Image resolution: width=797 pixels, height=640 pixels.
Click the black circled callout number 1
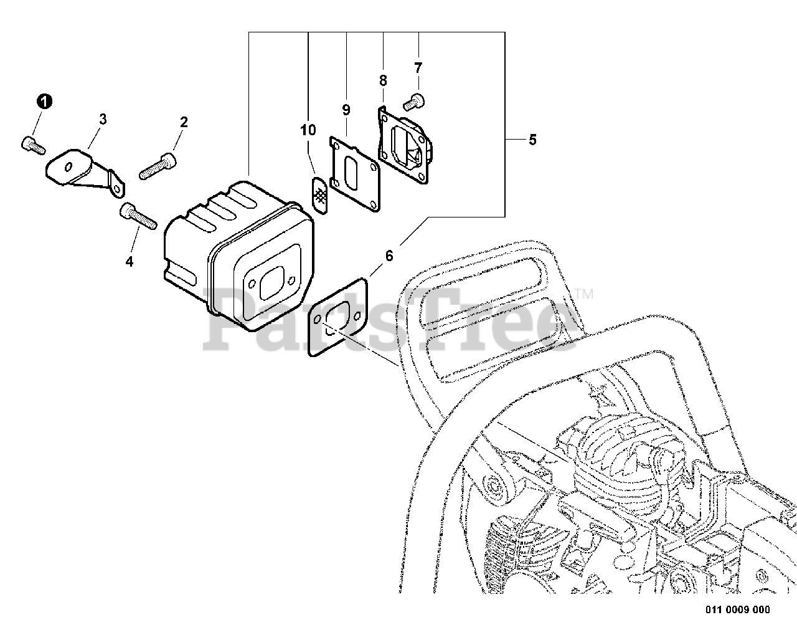44,101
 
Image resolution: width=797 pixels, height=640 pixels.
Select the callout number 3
103,118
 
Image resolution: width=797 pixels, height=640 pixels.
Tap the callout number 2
184,122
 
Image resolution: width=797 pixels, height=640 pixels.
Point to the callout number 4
130,262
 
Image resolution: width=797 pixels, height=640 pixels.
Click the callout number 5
532,140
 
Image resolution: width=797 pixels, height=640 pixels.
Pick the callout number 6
390,255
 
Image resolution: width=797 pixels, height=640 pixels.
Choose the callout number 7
418,67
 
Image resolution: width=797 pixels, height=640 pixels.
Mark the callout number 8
383,80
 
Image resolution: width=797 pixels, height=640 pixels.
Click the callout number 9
346,110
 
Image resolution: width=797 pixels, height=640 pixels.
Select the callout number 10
308,130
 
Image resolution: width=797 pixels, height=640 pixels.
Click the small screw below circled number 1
33,145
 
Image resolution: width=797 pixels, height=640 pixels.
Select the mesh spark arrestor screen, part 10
320,194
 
